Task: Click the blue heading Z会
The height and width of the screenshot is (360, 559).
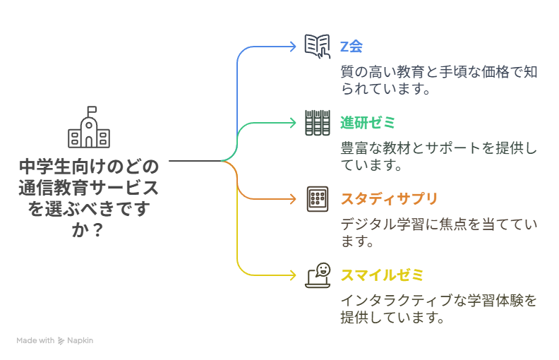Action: click(351, 47)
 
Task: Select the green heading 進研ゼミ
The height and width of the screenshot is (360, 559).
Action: click(368, 123)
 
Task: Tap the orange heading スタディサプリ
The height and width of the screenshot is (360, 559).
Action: click(389, 199)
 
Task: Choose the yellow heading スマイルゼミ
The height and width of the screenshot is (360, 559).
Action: click(382, 275)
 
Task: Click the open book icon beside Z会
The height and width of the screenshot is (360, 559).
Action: click(318, 47)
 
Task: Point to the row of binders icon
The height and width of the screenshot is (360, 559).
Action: click(318, 123)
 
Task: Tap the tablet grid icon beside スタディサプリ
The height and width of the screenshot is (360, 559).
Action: click(318, 199)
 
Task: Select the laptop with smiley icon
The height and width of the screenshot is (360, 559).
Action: click(318, 275)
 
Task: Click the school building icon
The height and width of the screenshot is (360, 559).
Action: click(89, 127)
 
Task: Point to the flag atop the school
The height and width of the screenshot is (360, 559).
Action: click(92, 109)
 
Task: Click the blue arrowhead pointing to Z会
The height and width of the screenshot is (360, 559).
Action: click(293, 47)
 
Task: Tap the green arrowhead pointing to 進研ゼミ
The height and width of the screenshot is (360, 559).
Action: click(293, 123)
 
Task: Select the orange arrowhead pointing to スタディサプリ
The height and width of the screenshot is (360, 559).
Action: click(293, 199)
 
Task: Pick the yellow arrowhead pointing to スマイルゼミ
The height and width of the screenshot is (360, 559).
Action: click(293, 275)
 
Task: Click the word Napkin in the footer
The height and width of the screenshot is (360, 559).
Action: click(80, 341)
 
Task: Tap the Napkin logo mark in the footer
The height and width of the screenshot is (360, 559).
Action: click(61, 341)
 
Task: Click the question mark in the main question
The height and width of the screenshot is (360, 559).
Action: click(97, 230)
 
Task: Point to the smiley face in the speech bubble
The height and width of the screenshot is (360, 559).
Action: click(323, 269)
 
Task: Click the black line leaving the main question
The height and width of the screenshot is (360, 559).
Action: click(195, 161)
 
